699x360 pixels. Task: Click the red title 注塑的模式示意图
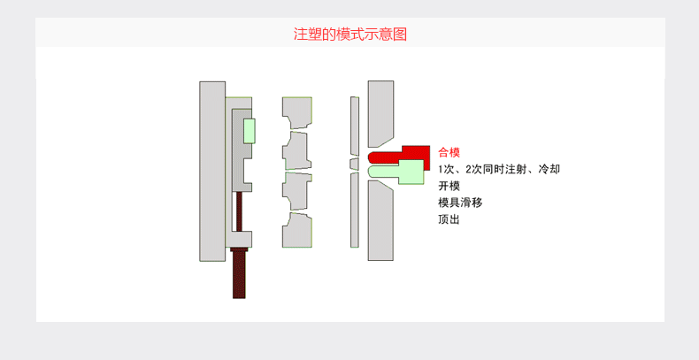[x=350, y=35]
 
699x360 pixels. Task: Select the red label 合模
[x=449, y=152]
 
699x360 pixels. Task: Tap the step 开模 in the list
[x=449, y=186]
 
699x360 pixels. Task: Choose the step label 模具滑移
[x=460, y=203]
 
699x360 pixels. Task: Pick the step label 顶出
[x=449, y=219]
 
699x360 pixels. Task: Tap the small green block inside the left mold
[x=250, y=131]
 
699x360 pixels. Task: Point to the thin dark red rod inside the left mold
[x=239, y=211]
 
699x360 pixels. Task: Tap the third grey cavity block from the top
[x=297, y=190]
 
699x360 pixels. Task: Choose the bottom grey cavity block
[x=297, y=229]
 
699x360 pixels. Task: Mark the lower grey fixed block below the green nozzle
[x=380, y=221]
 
